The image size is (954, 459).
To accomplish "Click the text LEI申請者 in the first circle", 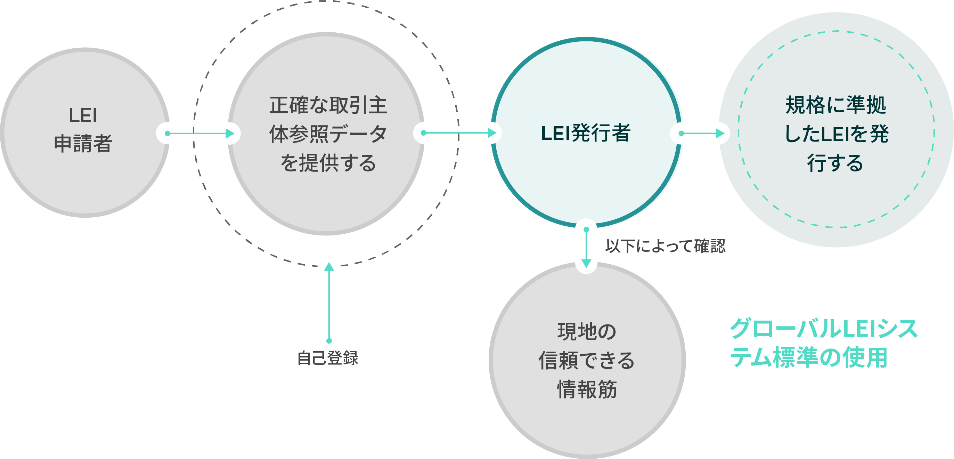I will point(83,129).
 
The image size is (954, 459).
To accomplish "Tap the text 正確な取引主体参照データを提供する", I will point(328,134).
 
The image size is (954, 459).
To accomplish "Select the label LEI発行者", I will point(586,133).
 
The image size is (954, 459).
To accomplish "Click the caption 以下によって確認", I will point(665,246).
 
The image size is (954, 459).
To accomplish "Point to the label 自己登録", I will point(328,358).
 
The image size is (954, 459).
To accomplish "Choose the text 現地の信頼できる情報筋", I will point(587,361).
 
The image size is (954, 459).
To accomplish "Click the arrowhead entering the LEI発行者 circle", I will point(492,133).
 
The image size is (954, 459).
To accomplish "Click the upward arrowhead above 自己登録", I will point(329,267).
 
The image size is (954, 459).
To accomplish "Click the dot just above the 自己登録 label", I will point(329,341).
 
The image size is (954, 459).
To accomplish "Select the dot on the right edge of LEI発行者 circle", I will point(681,134).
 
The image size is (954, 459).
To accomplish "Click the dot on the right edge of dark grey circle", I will point(423,133).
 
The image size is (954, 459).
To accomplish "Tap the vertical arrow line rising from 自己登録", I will point(329,304).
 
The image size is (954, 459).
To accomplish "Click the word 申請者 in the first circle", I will point(83,143).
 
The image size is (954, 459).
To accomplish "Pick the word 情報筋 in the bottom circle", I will point(587,389).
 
